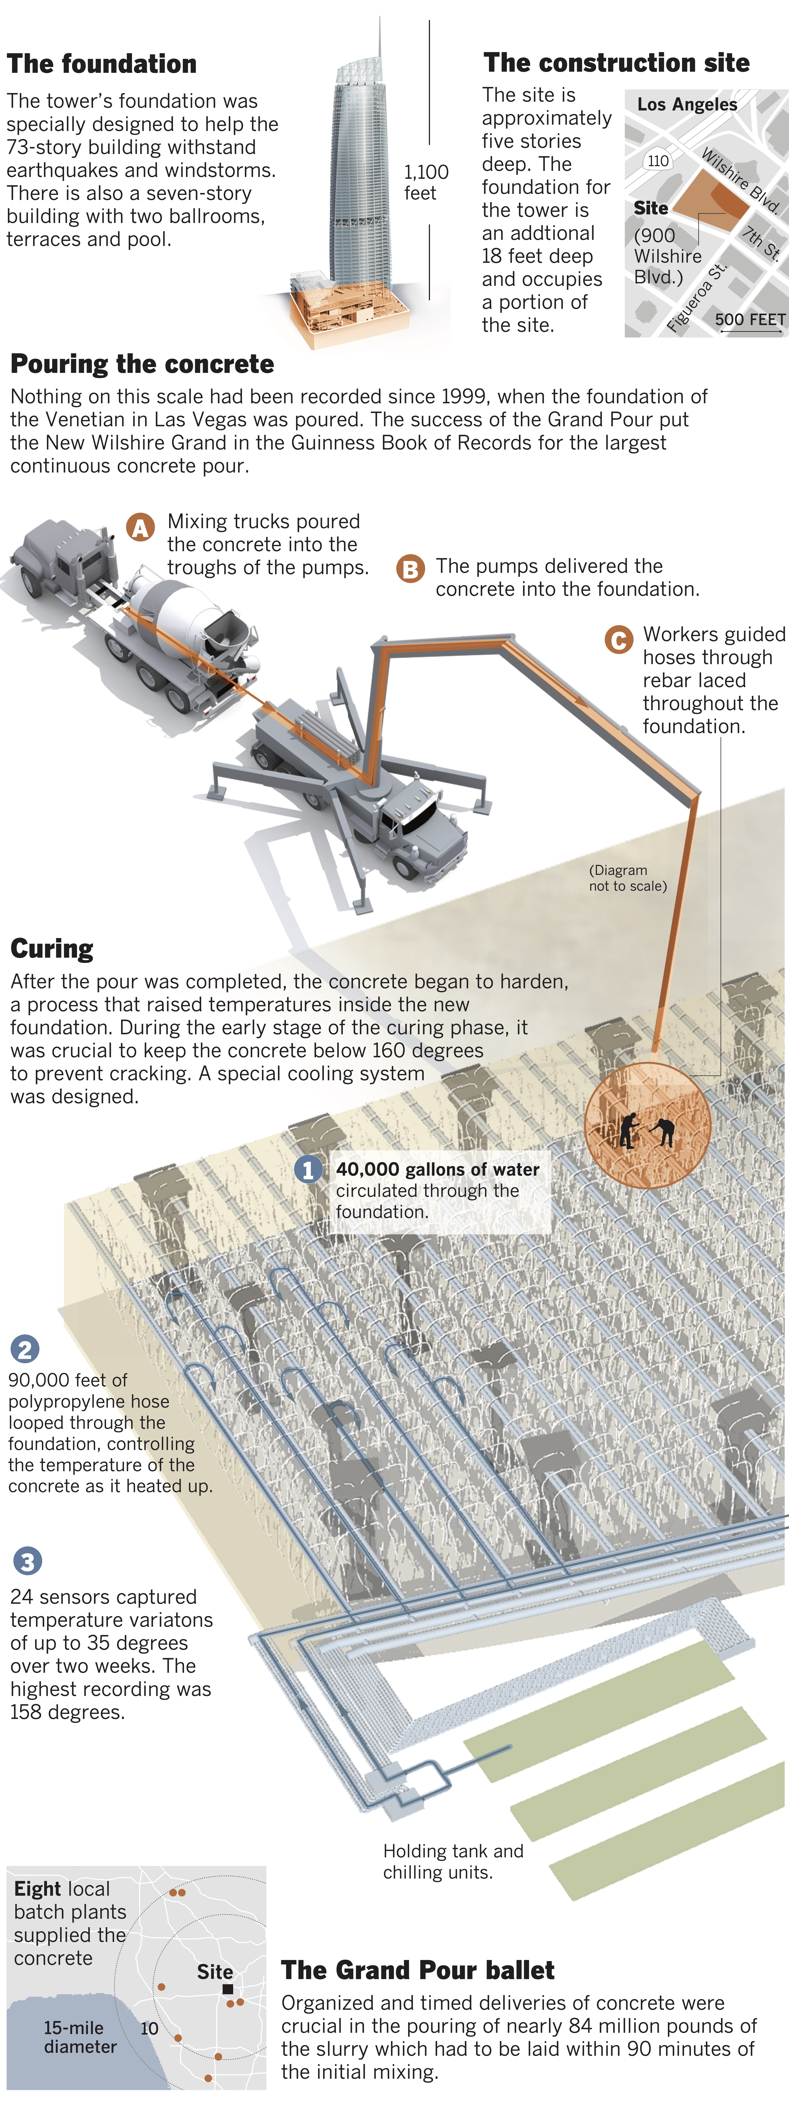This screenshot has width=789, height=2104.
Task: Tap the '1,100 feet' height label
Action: (426, 182)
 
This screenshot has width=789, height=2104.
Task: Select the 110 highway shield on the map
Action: (658, 161)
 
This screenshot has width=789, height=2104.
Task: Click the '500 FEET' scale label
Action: (750, 319)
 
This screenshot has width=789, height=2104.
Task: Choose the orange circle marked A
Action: (140, 528)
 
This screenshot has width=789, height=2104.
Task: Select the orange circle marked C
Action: (618, 640)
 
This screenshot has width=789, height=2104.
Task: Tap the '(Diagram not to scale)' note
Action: (627, 878)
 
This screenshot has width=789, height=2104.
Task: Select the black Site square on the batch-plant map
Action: (228, 1989)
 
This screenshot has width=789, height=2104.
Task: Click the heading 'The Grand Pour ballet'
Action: (417, 1970)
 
